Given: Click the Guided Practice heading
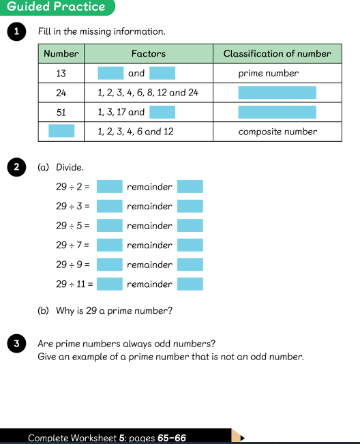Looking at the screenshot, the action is click(x=56, y=7).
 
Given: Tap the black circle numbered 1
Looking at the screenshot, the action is click(x=16, y=31).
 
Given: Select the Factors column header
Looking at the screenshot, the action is click(x=149, y=53).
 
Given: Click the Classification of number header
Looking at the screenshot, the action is click(x=277, y=53).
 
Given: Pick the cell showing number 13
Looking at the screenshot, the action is click(x=61, y=74).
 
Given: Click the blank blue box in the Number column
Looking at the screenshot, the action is click(x=61, y=131).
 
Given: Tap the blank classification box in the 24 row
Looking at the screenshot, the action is click(x=277, y=93).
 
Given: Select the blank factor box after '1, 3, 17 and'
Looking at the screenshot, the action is click(x=162, y=112).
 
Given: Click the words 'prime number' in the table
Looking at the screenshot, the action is click(x=269, y=74).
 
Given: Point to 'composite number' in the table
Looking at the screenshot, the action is click(x=277, y=132).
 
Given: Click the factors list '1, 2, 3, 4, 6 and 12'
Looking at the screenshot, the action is click(x=135, y=132).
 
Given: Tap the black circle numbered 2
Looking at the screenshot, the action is click(x=16, y=167).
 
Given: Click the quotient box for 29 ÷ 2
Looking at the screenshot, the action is click(x=110, y=186).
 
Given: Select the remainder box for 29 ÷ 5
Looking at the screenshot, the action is click(x=190, y=225).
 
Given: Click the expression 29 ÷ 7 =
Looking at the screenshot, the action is click(x=72, y=245).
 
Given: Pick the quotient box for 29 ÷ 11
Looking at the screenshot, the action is click(x=110, y=284).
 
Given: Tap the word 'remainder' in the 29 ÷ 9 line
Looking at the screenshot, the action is click(x=149, y=265).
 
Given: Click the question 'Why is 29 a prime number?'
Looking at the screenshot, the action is click(x=114, y=310).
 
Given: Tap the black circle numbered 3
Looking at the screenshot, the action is click(x=16, y=344).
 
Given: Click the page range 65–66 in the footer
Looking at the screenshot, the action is click(x=172, y=438).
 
